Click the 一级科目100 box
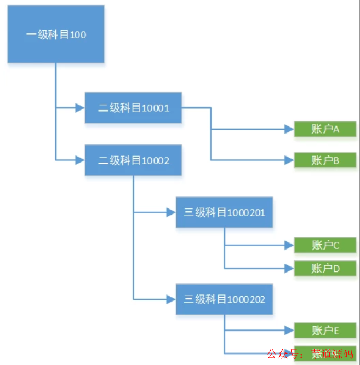(x=56, y=34)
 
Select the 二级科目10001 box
(x=133, y=108)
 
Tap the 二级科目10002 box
(x=133, y=160)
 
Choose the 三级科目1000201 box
(x=224, y=212)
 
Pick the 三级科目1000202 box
(x=224, y=299)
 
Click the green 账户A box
(x=325, y=129)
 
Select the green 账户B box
(x=325, y=160)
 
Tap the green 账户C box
(x=325, y=245)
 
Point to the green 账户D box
(x=325, y=268)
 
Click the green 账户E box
(x=325, y=331)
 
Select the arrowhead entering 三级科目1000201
(x=172, y=212)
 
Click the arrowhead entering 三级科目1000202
(x=172, y=299)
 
